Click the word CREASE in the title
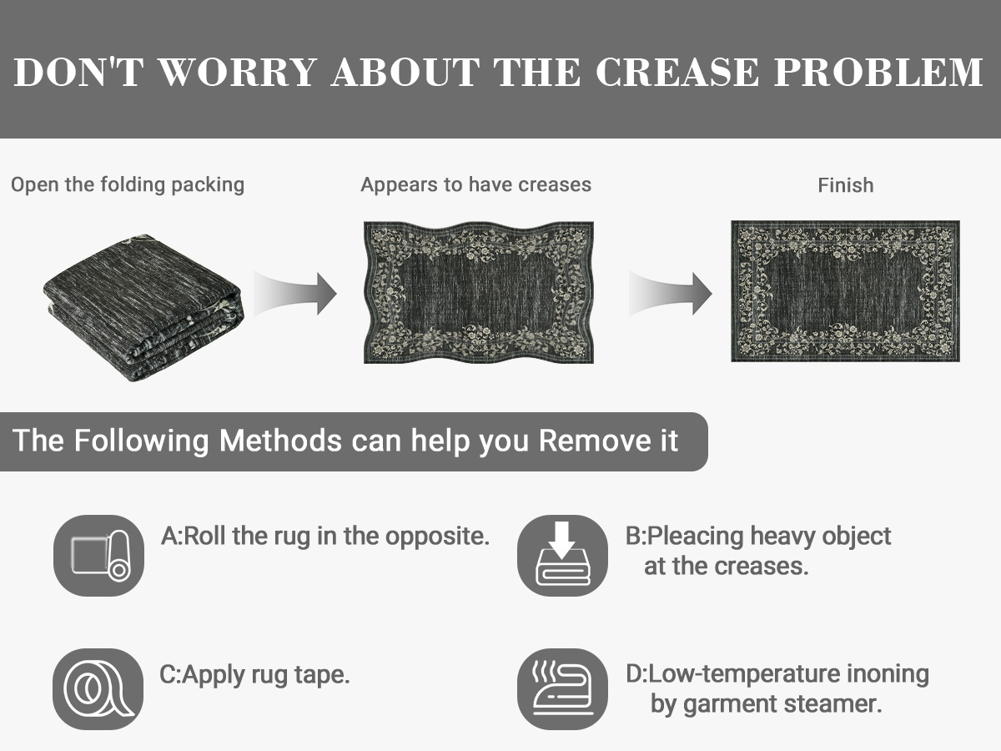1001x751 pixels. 677,72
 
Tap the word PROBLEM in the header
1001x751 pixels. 878,72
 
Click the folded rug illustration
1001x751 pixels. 143,308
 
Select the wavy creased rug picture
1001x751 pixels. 478,292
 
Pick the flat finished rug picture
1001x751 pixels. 845,291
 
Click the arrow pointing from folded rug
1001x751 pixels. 295,294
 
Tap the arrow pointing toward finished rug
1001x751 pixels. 671,294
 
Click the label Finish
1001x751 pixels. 846,185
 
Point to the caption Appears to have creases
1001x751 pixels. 475,184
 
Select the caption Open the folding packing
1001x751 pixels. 128,185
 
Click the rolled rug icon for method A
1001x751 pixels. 98,556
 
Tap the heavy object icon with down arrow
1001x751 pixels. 562,556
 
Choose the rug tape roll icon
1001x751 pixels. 98,689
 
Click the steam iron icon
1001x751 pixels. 562,689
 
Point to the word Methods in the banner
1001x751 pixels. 280,441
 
